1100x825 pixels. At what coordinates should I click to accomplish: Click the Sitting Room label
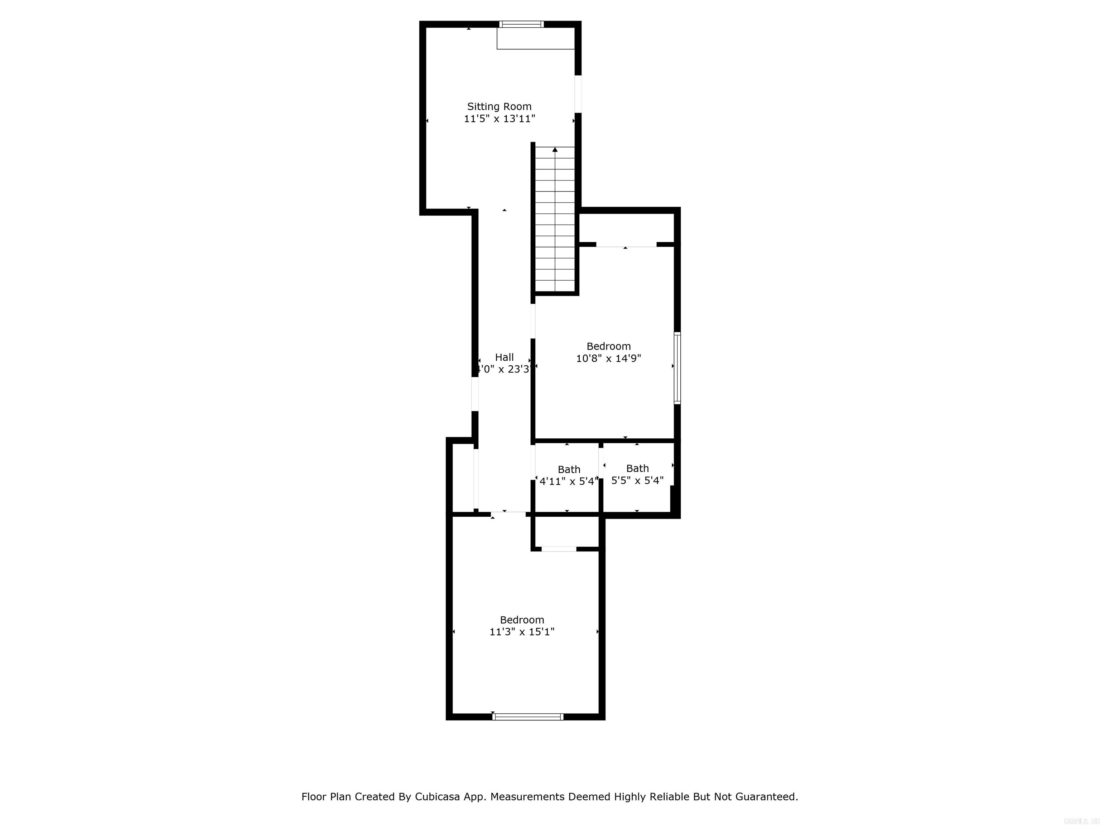pyautogui.click(x=499, y=106)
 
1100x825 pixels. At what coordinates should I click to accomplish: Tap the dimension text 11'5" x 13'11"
pyautogui.click(x=499, y=119)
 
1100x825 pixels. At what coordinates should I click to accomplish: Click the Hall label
pyautogui.click(x=504, y=357)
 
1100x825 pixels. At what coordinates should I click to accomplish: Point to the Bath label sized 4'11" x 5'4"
pyautogui.click(x=569, y=469)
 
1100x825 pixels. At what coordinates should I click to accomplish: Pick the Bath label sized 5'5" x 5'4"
pyautogui.click(x=637, y=468)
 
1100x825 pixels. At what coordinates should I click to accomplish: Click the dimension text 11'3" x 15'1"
pyautogui.click(x=522, y=632)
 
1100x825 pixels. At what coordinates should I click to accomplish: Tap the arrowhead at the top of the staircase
pyautogui.click(x=555, y=149)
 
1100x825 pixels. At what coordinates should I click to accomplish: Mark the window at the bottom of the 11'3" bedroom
pyautogui.click(x=528, y=717)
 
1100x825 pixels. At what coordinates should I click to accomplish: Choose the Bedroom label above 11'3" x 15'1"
pyautogui.click(x=522, y=619)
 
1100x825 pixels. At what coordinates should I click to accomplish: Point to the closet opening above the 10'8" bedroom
pyautogui.click(x=626, y=245)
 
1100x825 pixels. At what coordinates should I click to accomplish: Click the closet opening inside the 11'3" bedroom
pyautogui.click(x=559, y=549)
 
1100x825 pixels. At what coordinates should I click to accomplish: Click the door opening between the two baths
pyautogui.click(x=601, y=465)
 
